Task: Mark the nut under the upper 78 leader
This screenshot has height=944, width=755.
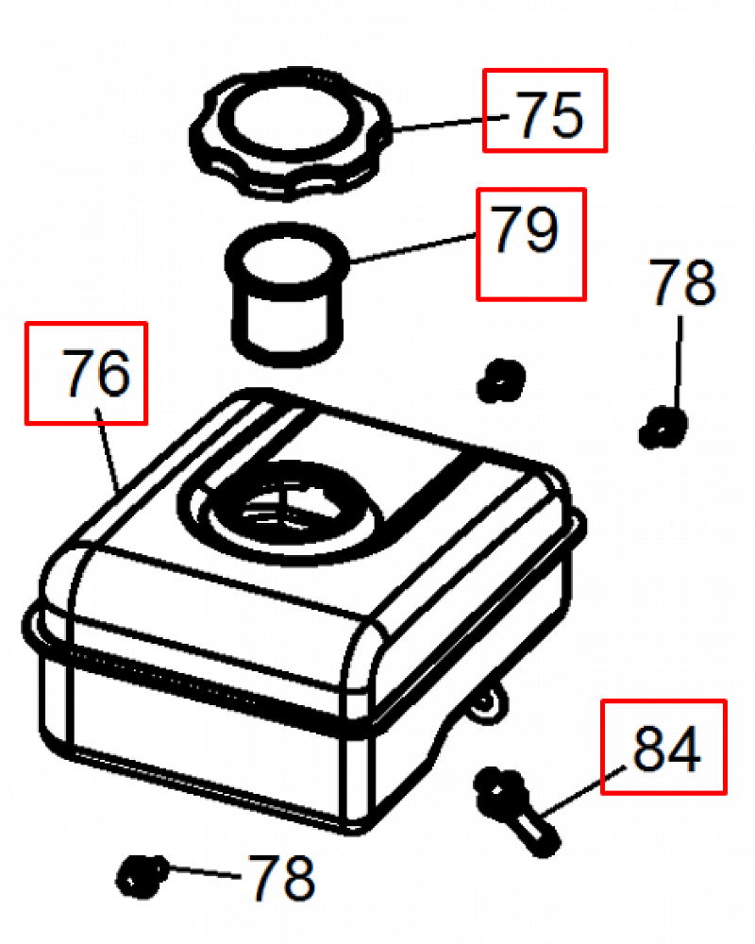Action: click(663, 426)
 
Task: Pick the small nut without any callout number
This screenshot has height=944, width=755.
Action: click(498, 379)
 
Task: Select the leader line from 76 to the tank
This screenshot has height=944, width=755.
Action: click(109, 453)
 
